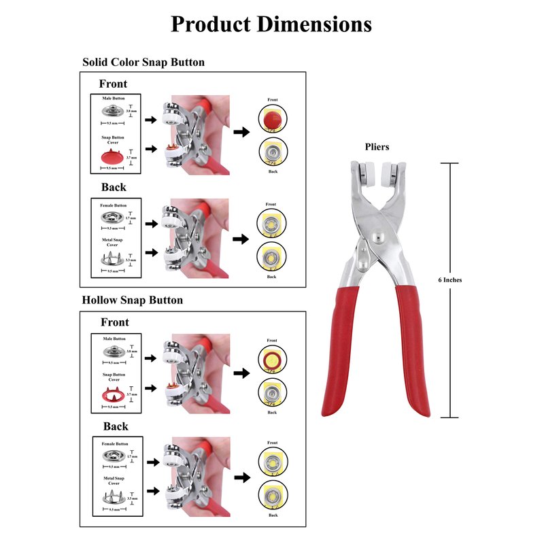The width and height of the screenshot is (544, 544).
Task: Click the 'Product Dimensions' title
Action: click(x=271, y=24)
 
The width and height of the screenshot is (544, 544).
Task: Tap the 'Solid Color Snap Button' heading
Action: click(x=143, y=62)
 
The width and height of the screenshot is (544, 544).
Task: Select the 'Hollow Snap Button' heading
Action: click(x=133, y=300)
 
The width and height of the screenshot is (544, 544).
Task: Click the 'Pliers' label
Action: click(x=376, y=146)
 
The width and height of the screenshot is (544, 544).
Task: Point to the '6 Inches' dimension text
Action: click(x=450, y=279)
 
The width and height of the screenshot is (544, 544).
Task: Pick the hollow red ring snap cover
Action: click(x=111, y=395)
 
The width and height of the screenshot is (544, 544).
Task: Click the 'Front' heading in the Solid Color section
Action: click(x=113, y=84)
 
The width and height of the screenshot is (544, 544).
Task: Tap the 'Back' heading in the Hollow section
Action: click(x=116, y=426)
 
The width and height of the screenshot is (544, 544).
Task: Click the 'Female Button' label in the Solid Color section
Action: click(x=113, y=205)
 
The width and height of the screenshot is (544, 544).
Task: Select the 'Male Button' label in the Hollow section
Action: click(x=114, y=339)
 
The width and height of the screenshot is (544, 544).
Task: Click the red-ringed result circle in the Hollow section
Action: click(x=272, y=360)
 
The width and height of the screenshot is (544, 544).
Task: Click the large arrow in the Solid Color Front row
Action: click(x=241, y=132)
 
